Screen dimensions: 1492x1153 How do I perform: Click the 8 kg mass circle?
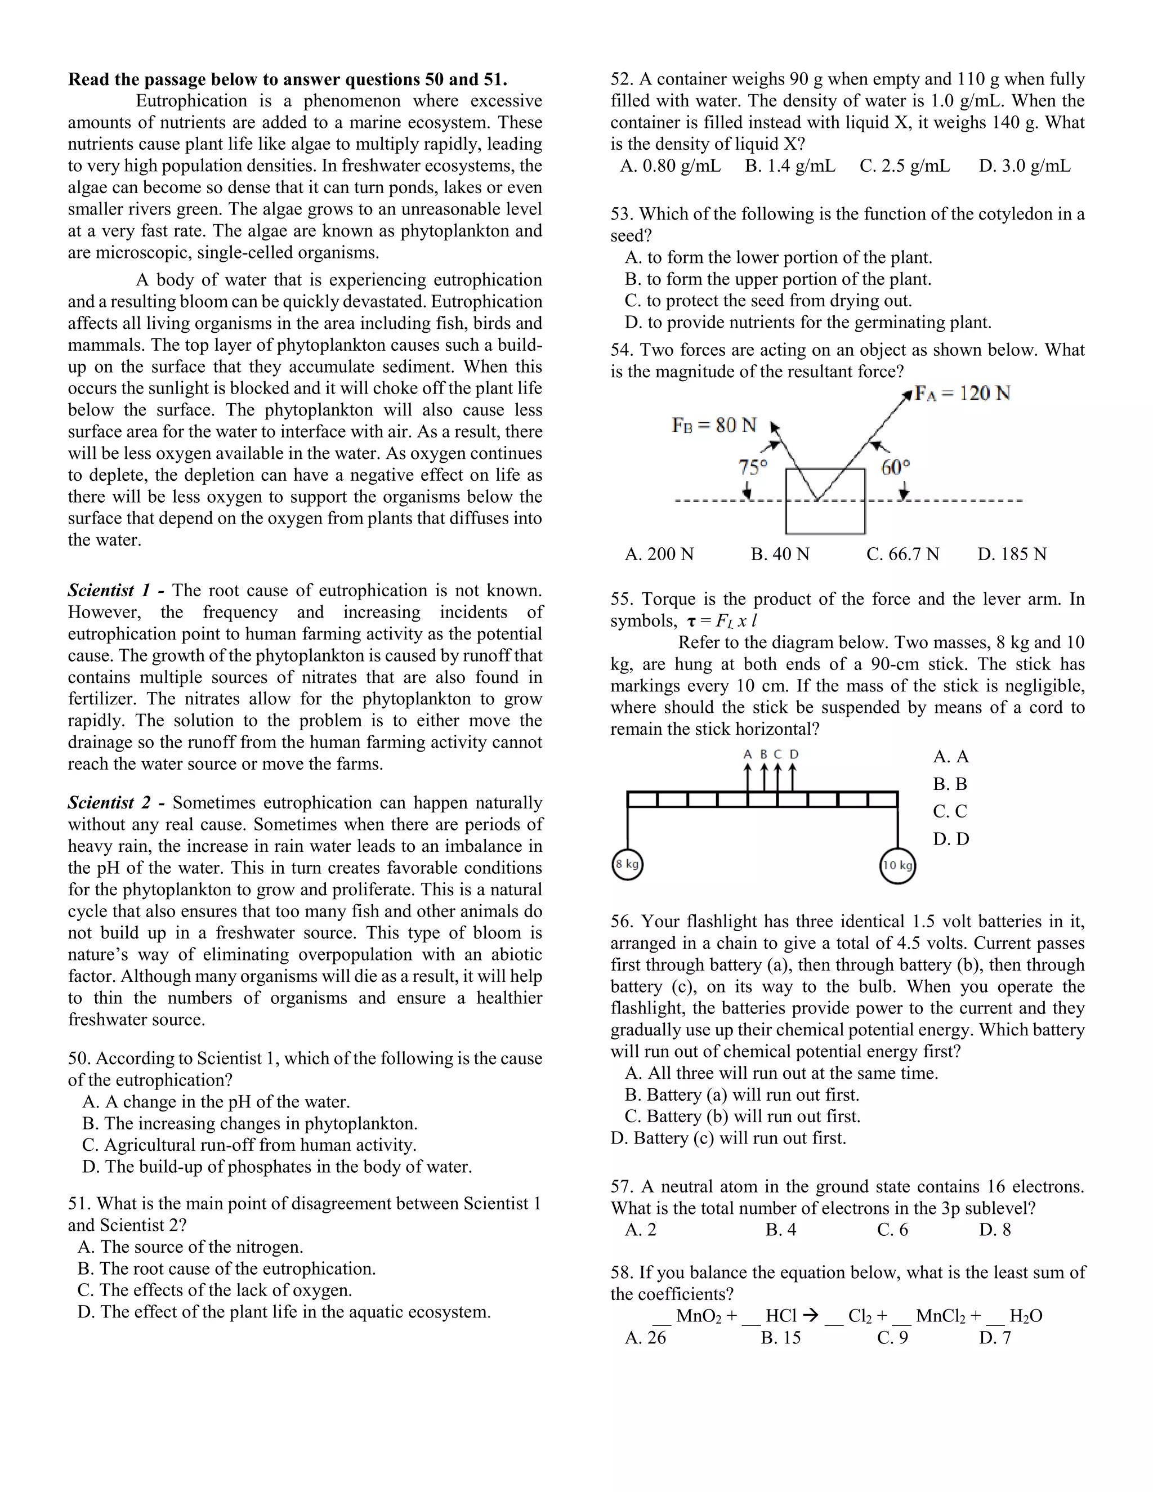coord(627,864)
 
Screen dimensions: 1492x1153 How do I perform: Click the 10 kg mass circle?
coord(897,865)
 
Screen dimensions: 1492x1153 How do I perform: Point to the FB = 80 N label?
coord(714,425)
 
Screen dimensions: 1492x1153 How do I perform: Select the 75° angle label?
coord(753,467)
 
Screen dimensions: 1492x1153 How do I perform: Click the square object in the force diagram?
coord(825,502)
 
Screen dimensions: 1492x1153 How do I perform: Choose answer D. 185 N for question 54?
coord(1012,554)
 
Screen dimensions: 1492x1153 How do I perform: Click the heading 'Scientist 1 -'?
coord(115,590)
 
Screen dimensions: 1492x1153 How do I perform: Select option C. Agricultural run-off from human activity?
coord(249,1145)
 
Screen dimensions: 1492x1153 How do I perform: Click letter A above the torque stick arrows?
coord(747,755)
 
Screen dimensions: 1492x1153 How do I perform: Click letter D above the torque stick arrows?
coord(794,755)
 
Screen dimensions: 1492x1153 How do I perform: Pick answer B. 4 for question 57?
coord(781,1230)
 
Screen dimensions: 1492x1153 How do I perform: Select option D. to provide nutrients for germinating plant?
coord(808,323)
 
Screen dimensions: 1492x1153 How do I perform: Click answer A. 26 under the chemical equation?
coord(646,1338)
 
